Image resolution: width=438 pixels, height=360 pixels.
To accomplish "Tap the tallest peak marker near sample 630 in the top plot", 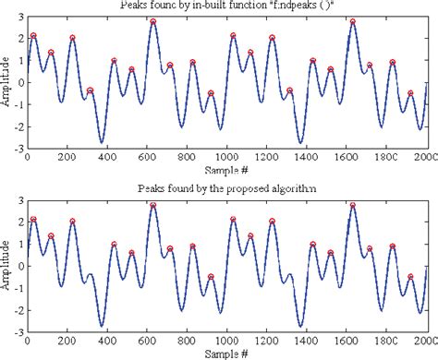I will point(153,21).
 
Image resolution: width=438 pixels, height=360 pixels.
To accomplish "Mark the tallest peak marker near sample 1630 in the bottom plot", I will point(353,205).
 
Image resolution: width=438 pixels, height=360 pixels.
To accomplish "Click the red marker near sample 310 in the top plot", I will point(91,90).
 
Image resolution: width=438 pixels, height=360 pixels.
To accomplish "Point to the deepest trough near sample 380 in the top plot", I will point(102,142).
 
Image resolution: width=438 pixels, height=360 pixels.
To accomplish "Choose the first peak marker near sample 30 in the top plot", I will point(33,35).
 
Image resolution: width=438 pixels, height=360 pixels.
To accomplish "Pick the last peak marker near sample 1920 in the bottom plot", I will point(411,277).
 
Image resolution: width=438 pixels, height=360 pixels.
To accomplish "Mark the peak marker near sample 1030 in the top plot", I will point(233,36).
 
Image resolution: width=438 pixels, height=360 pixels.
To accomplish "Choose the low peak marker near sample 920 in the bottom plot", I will point(211,277).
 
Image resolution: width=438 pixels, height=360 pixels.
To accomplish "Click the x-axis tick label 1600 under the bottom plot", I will point(347,340).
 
